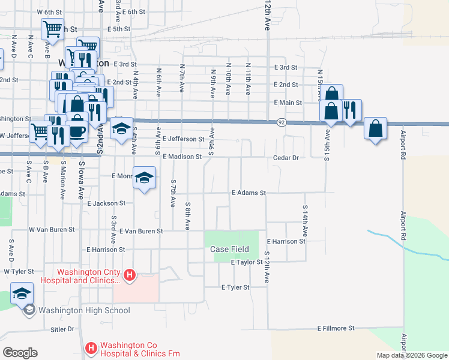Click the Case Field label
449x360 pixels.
click(x=234, y=249)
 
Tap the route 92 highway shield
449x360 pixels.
click(x=281, y=122)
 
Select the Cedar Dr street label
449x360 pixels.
click(x=285, y=157)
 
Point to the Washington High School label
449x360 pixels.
click(x=83, y=310)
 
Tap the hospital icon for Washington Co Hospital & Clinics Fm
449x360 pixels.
click(x=91, y=347)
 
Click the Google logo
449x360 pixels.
click(x=20, y=353)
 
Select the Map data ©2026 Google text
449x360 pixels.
click(x=411, y=355)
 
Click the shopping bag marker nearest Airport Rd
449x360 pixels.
click(x=375, y=129)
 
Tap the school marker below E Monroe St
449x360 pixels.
click(x=143, y=178)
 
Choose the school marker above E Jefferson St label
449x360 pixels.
click(x=121, y=129)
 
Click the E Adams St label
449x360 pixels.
click(x=249, y=193)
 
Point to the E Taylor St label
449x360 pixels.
click(x=246, y=262)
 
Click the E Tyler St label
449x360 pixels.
click(x=235, y=287)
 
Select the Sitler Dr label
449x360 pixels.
click(x=62, y=329)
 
